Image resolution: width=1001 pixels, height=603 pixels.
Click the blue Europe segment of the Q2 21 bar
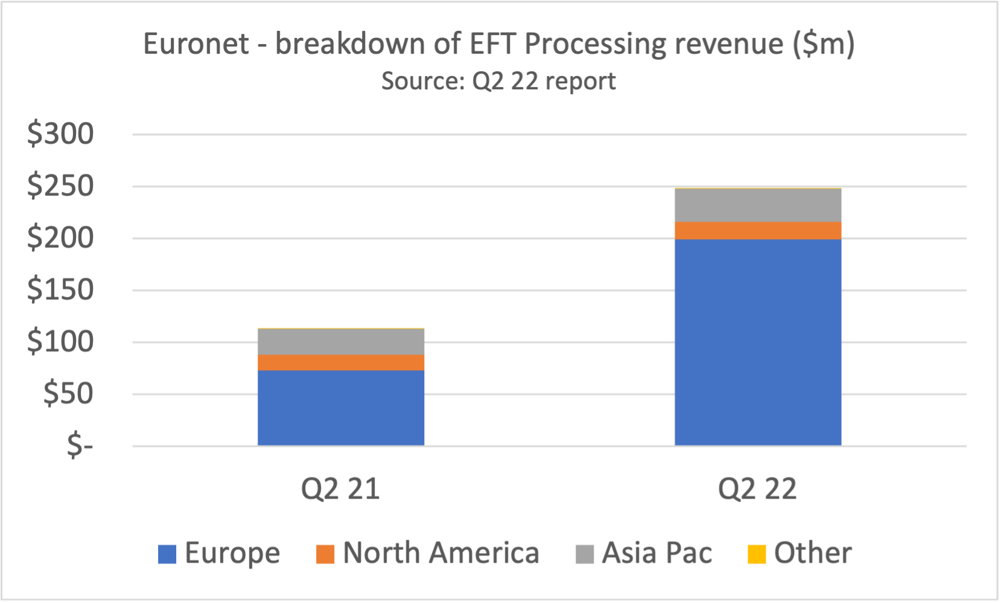(x=341, y=407)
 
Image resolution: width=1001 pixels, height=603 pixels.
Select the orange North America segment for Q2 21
(x=341, y=362)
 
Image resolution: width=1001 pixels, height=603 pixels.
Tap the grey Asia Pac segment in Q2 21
(x=341, y=342)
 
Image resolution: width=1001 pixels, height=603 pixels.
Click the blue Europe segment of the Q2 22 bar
(x=758, y=342)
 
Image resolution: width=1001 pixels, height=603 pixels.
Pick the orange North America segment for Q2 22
(x=758, y=231)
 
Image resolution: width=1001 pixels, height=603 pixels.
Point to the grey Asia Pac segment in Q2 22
(x=758, y=205)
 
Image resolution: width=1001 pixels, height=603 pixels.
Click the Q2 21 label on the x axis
(x=340, y=488)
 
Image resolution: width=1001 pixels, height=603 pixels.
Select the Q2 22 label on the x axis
(x=757, y=488)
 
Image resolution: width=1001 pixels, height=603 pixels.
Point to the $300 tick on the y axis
(x=60, y=133)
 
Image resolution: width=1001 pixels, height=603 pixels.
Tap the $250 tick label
(x=60, y=185)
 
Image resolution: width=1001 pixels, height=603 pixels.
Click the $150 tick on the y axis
(x=60, y=290)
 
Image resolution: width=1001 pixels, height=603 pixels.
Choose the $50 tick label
(x=68, y=394)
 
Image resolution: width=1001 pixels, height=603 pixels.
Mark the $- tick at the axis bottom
(x=80, y=446)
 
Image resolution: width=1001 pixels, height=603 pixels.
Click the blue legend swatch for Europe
(x=167, y=554)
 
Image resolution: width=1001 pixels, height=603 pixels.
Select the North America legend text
(x=440, y=553)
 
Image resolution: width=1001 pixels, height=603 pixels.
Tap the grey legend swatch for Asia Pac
(x=585, y=554)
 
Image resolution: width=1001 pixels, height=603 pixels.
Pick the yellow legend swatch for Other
(x=757, y=554)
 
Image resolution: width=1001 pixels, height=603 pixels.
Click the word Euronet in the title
(x=196, y=44)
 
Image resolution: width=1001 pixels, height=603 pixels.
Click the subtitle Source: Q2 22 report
(x=498, y=81)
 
